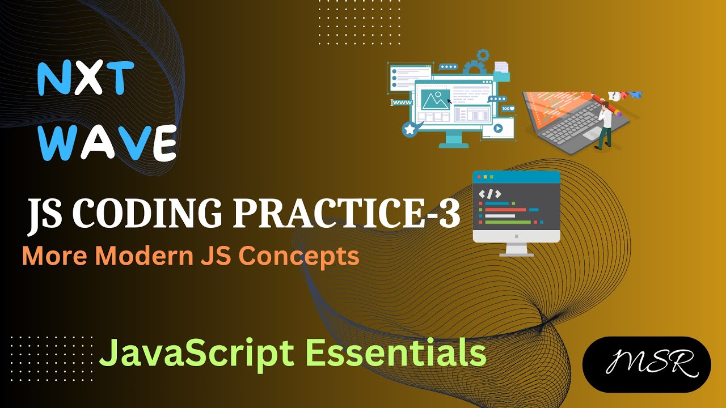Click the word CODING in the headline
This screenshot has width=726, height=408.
click(145, 214)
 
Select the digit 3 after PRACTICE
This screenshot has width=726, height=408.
click(448, 214)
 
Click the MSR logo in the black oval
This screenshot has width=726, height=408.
click(646, 364)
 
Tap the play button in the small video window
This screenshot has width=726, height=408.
click(497, 128)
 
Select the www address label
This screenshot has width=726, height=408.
click(402, 103)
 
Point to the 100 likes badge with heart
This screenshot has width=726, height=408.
click(508, 108)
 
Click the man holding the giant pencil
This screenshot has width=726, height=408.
click(605, 122)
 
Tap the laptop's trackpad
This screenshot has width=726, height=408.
click(592, 134)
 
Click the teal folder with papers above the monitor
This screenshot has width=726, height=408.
click(501, 71)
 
